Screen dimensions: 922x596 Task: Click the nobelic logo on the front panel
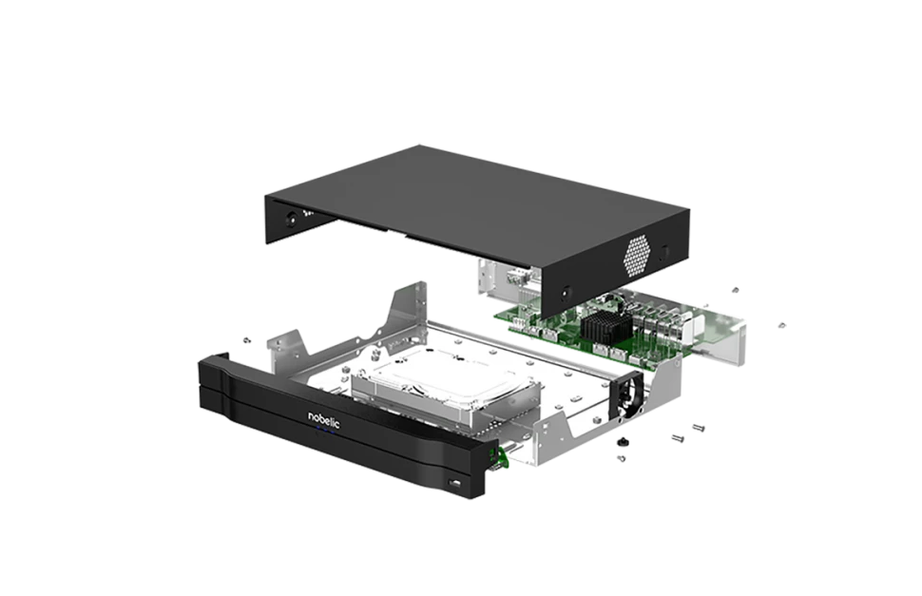324,419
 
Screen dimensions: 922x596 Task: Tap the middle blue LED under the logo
324,432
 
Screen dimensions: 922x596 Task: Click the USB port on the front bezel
455,483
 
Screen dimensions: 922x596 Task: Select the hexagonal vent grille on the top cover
638,257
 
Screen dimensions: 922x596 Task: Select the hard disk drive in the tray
446,394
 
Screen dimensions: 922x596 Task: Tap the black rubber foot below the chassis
621,441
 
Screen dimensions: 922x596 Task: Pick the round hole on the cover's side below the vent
566,291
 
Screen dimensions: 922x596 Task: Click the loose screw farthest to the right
781,325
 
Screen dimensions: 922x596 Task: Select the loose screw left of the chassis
246,339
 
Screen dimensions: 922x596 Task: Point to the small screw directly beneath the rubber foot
621,458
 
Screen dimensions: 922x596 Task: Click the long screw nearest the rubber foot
677,437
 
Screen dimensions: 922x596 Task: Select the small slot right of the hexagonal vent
663,253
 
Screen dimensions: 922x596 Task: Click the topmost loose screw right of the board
735,290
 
